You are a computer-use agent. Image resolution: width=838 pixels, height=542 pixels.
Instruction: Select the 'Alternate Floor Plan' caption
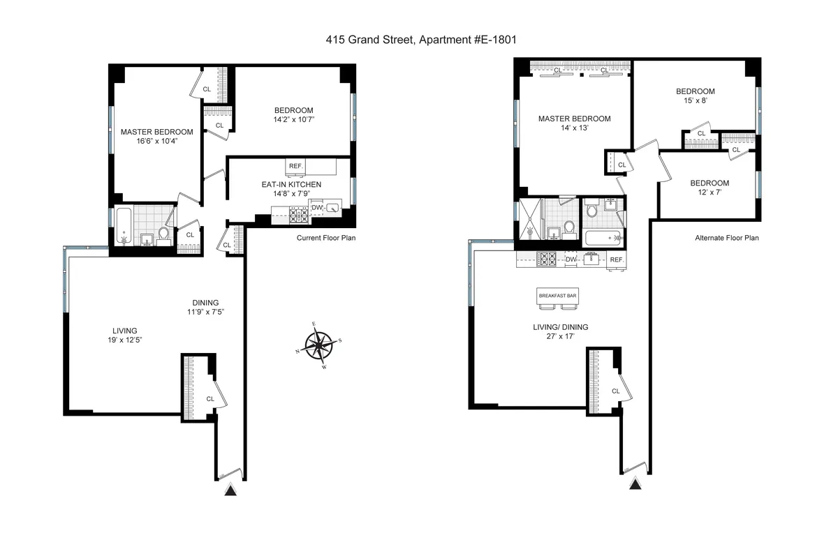(726, 238)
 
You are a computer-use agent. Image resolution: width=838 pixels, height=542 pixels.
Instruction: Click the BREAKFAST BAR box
(557, 296)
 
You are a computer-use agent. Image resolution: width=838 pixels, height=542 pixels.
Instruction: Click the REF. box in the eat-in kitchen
(295, 167)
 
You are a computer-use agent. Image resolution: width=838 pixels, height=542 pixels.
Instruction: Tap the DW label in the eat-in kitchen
(316, 207)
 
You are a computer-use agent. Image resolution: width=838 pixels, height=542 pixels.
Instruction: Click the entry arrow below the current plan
(230, 491)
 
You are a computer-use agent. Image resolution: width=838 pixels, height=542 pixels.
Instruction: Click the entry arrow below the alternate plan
(635, 484)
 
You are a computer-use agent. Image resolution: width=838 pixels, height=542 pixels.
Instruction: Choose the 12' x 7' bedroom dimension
(710, 194)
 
